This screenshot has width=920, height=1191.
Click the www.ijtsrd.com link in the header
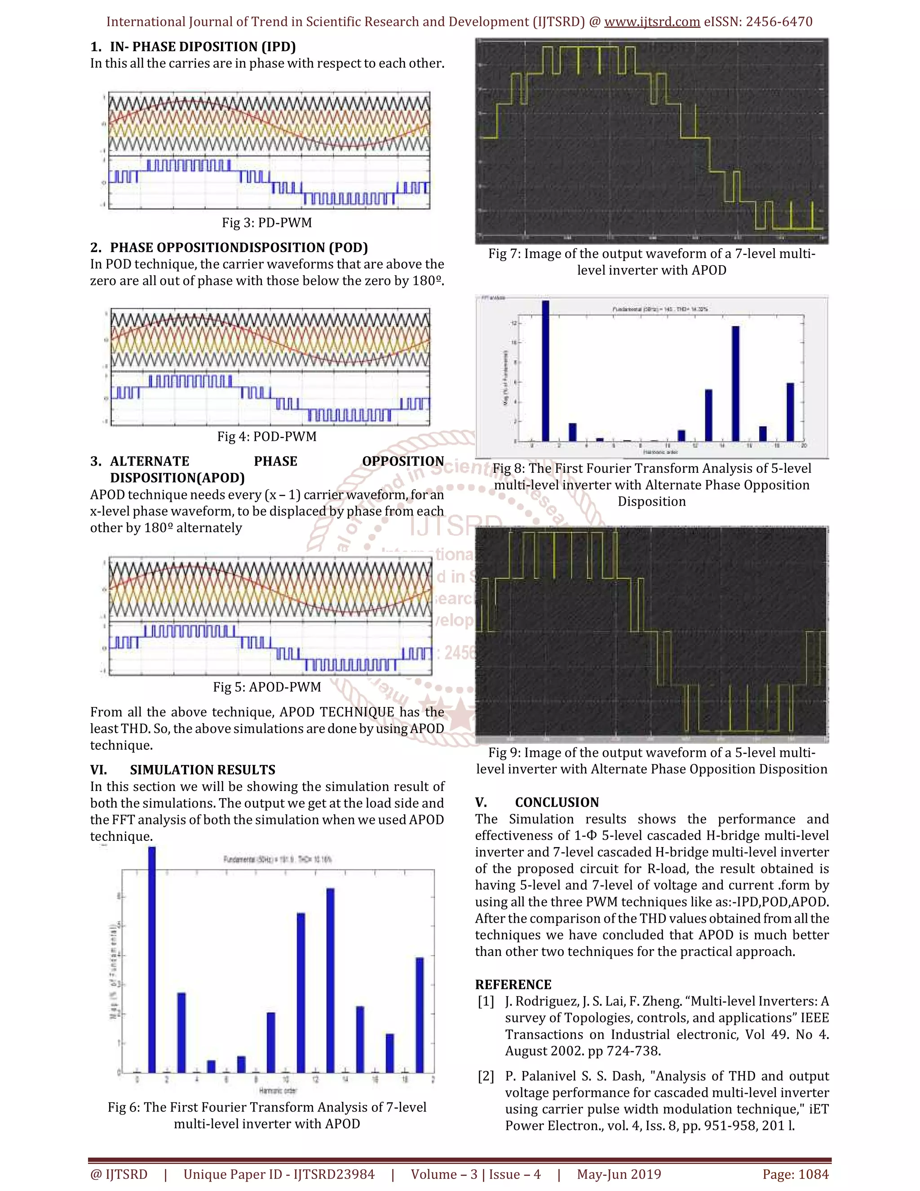652,22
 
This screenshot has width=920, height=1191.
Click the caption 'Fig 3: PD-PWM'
266,222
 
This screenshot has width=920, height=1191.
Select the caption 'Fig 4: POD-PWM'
266,436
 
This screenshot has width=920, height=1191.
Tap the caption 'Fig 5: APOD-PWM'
266,687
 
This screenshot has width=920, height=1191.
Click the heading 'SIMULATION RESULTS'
202,769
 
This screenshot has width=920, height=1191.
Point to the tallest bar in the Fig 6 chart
152,960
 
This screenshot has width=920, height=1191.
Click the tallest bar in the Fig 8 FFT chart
545,371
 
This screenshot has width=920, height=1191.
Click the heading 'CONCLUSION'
557,802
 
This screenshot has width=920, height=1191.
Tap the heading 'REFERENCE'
513,984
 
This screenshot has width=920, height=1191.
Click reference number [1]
486,1001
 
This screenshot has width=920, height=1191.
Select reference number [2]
486,1076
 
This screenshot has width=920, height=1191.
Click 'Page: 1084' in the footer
795,1174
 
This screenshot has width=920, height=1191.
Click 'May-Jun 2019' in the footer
619,1174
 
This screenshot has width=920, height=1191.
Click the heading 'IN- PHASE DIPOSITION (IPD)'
203,46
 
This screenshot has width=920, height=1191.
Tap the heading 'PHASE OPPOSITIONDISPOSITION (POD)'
239,248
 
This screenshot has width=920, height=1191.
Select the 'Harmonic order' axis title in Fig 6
278,1091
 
